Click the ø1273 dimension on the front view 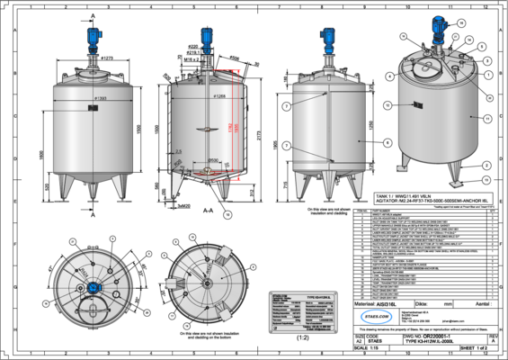coord(106,58)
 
